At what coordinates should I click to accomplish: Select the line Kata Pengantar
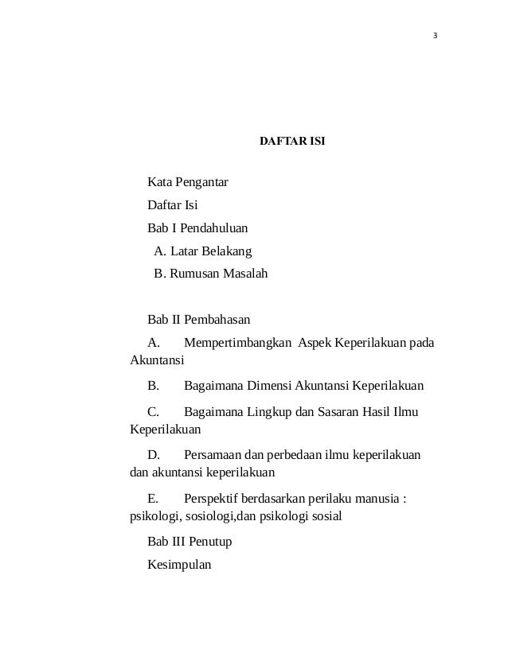[x=188, y=184]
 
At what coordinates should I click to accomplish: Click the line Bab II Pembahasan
[x=199, y=320]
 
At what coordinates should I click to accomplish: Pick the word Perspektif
[x=214, y=499]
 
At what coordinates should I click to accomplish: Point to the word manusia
[x=373, y=499]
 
